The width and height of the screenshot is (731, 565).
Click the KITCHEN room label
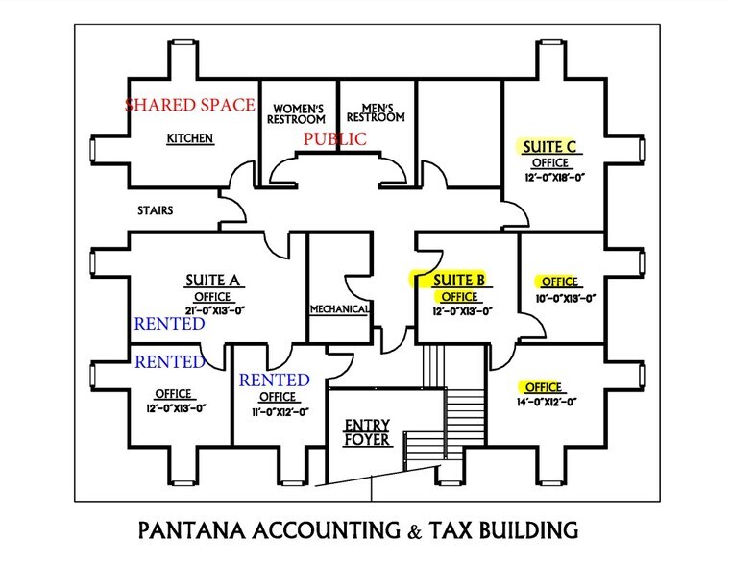click(x=190, y=138)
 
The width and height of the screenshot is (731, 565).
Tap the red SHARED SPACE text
click(x=190, y=105)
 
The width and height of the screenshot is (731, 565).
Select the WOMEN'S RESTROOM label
click(x=297, y=114)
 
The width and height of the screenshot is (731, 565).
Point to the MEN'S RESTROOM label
click(x=376, y=113)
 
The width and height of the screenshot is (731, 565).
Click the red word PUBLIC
click(x=335, y=139)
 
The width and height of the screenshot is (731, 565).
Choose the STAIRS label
click(x=156, y=210)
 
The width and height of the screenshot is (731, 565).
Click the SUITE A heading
click(x=212, y=281)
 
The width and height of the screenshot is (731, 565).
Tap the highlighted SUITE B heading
click(x=459, y=281)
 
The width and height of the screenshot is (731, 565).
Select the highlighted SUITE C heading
click(x=549, y=147)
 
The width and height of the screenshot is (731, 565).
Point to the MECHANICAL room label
click(x=339, y=309)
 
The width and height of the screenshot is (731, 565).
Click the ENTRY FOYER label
click(x=367, y=432)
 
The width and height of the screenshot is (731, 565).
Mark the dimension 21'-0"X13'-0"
click(x=215, y=310)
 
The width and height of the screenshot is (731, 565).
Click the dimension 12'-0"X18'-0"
click(x=554, y=177)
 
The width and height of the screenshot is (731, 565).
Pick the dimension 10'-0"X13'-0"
click(x=566, y=298)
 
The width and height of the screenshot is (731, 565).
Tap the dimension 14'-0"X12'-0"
click(x=547, y=402)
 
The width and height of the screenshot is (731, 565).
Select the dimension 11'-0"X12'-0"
click(x=280, y=412)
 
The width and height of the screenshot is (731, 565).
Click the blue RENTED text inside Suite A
click(x=170, y=324)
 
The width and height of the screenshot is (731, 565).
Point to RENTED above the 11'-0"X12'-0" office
click(x=275, y=381)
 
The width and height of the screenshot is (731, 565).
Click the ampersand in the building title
click(x=414, y=532)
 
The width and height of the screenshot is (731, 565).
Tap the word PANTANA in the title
click(x=191, y=531)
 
